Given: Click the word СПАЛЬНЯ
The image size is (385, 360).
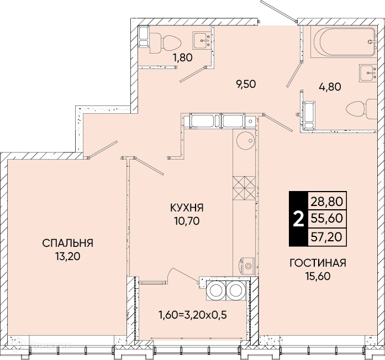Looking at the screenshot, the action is click(x=68, y=243).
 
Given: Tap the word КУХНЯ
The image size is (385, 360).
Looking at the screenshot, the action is click(x=187, y=208).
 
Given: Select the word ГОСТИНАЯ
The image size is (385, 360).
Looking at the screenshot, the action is click(x=318, y=263).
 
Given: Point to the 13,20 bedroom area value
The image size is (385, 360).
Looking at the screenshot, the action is click(x=68, y=257).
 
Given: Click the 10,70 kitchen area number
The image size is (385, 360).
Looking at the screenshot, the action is click(x=187, y=221).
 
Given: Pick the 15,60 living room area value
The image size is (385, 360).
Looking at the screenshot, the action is click(x=318, y=277).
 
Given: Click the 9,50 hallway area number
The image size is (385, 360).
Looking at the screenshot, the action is click(x=246, y=84).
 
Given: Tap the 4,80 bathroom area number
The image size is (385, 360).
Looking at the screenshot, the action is click(x=330, y=87).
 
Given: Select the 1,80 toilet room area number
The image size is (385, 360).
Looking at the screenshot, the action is click(x=182, y=58).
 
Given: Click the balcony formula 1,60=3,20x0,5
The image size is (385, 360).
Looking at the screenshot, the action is click(x=193, y=315).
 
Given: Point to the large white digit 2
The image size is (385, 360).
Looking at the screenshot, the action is click(x=299, y=219).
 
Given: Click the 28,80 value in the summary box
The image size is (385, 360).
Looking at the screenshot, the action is click(x=327, y=202).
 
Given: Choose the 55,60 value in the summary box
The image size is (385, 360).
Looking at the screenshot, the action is click(x=327, y=218).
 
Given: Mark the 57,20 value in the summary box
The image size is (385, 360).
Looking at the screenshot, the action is click(x=327, y=237).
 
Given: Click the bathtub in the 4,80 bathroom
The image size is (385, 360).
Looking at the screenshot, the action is click(x=344, y=42).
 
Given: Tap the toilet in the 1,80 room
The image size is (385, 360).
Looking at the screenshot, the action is click(x=165, y=43).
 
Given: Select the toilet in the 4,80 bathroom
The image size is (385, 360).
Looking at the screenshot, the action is click(x=361, y=109).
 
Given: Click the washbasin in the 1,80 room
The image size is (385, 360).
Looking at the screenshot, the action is click(x=202, y=40).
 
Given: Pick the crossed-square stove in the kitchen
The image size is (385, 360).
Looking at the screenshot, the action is click(x=244, y=188).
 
